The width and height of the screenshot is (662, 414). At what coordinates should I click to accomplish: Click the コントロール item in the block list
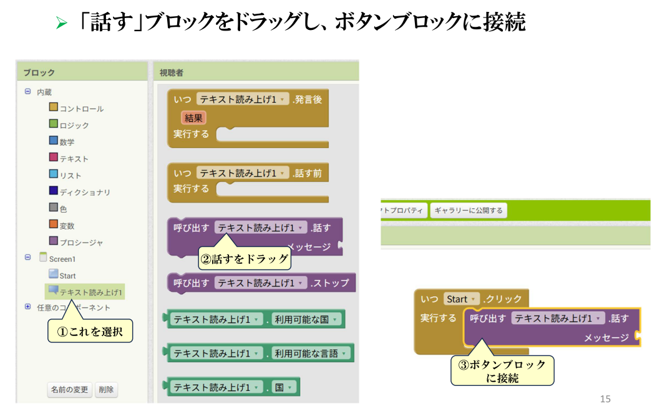[x=82, y=108]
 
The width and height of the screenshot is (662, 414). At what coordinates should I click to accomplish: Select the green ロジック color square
[x=54, y=124]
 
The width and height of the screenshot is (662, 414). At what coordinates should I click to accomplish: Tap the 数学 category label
[x=67, y=142]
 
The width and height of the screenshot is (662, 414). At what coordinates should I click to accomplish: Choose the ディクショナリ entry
[x=85, y=192]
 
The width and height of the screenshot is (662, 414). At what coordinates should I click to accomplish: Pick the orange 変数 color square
[x=54, y=224]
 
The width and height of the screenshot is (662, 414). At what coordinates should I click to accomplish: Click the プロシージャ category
[x=81, y=243]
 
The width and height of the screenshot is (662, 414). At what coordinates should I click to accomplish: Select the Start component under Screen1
[x=67, y=276]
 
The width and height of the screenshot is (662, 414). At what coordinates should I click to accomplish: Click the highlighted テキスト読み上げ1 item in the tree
[x=91, y=292]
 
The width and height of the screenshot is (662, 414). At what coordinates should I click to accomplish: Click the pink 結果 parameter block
[x=194, y=118]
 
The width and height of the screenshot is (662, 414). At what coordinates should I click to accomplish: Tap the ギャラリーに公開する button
[x=469, y=211]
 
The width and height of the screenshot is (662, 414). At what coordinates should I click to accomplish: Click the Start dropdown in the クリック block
[x=461, y=299]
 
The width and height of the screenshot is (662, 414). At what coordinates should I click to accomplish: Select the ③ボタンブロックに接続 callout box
[x=502, y=370]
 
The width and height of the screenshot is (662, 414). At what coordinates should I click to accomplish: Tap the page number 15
[x=605, y=398]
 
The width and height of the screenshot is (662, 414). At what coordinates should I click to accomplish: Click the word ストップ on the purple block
[x=331, y=283]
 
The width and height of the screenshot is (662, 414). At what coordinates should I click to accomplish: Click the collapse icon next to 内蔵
[x=27, y=91]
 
